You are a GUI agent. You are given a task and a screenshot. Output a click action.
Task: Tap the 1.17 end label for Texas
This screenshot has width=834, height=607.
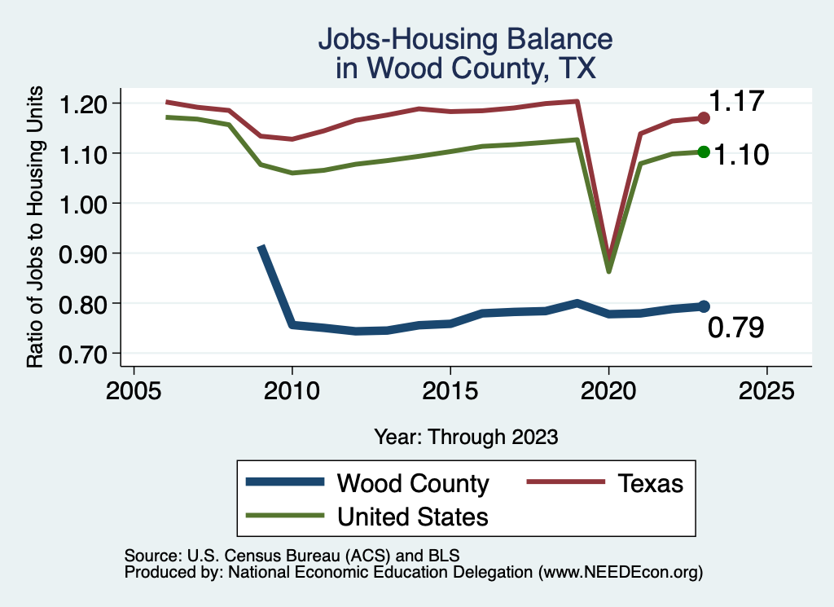(736, 102)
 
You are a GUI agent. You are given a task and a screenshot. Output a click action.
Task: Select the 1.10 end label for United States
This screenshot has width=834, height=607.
(741, 154)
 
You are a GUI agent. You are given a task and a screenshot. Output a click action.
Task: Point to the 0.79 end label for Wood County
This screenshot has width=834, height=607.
(735, 328)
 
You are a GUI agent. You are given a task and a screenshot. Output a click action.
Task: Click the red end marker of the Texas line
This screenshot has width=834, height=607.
(704, 118)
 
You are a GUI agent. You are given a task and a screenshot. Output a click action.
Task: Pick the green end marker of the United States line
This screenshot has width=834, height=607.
(704, 152)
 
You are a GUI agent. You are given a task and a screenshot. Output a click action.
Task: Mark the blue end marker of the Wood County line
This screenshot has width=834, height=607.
(704, 306)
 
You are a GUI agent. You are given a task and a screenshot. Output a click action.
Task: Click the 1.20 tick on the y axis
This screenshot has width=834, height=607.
(85, 103)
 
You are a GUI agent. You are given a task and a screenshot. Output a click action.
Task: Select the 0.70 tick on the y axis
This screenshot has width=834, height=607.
(85, 354)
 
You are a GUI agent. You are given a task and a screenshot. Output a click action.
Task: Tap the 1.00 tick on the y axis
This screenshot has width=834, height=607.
(85, 204)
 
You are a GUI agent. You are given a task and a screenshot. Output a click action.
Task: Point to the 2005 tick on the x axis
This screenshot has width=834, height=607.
(134, 389)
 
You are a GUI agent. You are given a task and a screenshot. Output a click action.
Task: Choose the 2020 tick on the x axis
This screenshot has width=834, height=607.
(608, 389)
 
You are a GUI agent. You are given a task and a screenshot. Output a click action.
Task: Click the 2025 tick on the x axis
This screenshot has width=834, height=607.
(766, 389)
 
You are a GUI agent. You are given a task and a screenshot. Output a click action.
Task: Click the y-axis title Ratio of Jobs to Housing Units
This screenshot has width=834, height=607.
(36, 229)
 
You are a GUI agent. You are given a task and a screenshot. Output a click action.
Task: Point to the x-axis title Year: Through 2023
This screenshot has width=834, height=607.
(466, 436)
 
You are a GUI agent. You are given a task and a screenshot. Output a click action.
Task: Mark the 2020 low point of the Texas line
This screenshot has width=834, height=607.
(609, 255)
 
